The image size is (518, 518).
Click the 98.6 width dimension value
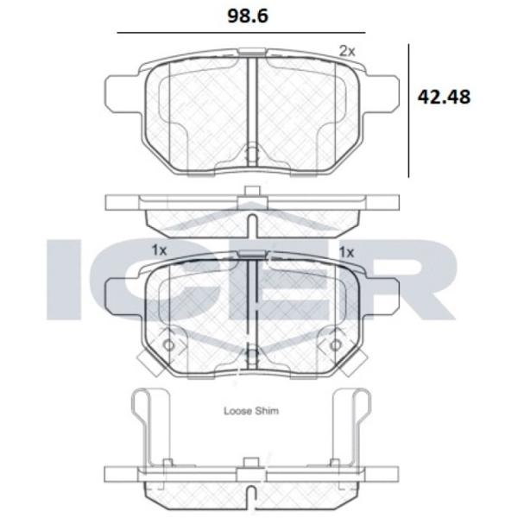248,16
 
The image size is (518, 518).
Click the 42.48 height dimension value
444,97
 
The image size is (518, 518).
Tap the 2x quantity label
347,51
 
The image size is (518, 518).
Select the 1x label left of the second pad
159,250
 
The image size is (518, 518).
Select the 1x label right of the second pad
347,253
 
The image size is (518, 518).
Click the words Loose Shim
251,411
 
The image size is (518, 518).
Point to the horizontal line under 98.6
241,33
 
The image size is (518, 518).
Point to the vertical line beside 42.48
408,111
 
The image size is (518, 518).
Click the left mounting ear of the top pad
122,94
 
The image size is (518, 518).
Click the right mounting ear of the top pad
382,94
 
